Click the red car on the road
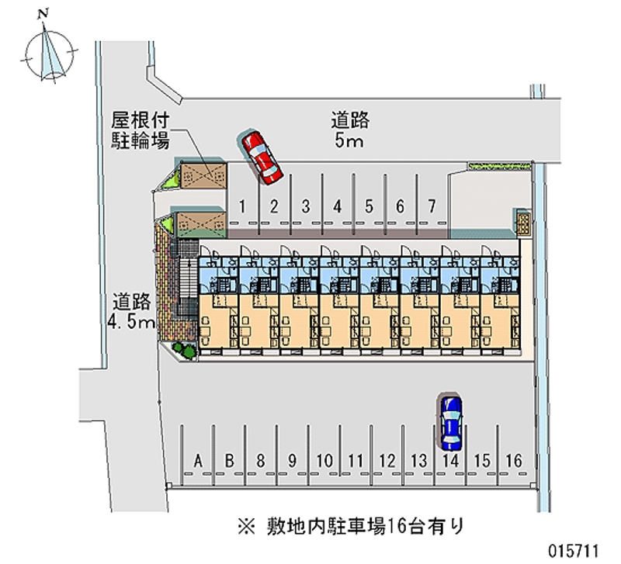coord(260,157)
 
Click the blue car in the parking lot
coord(451,422)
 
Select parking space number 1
coord(242,206)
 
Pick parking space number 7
coord(432,206)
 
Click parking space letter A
coord(198,461)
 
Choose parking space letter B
coord(229,461)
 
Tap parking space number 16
coord(514,461)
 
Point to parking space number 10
coord(324,461)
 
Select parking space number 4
coord(337,206)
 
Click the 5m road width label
coord(349,140)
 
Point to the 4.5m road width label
coord(131,322)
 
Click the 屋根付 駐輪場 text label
coord(140,130)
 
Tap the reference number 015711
coord(573,551)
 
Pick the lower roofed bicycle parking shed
coord(201,225)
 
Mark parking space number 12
coord(387,461)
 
